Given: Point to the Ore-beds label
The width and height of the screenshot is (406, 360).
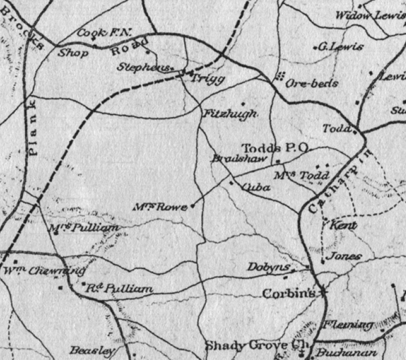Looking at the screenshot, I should [x=312, y=84].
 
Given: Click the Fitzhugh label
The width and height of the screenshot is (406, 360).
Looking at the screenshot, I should [x=230, y=114].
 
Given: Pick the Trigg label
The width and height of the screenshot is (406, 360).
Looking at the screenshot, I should [x=207, y=79].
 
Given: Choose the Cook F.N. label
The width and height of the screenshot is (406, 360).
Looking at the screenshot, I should [x=105, y=33].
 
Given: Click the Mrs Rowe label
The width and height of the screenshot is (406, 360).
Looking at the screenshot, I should [x=161, y=207].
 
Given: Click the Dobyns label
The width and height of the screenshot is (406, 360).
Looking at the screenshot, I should [x=269, y=267].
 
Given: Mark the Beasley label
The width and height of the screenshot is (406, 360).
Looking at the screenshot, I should [x=92, y=350].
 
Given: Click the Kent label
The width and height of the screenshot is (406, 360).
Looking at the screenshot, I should [x=344, y=225].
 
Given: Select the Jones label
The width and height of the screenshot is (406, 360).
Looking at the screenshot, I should [x=345, y=257].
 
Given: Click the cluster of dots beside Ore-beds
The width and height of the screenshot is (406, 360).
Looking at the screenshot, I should [x=279, y=77].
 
